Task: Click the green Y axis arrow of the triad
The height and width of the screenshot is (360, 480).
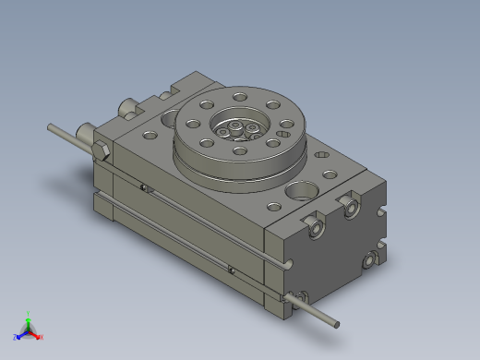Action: pos(29,318)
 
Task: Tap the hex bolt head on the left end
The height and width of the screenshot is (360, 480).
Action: pos(101,150)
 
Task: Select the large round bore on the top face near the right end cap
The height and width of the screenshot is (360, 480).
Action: pos(301,193)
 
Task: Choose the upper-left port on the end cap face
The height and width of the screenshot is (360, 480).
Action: pos(316,225)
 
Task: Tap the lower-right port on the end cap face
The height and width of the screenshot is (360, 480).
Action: pos(370,261)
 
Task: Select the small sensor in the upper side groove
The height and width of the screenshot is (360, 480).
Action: pos(144,189)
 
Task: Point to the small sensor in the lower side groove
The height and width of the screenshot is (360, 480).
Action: pos(230,270)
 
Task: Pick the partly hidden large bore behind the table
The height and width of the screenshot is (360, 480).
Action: pos(169,117)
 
